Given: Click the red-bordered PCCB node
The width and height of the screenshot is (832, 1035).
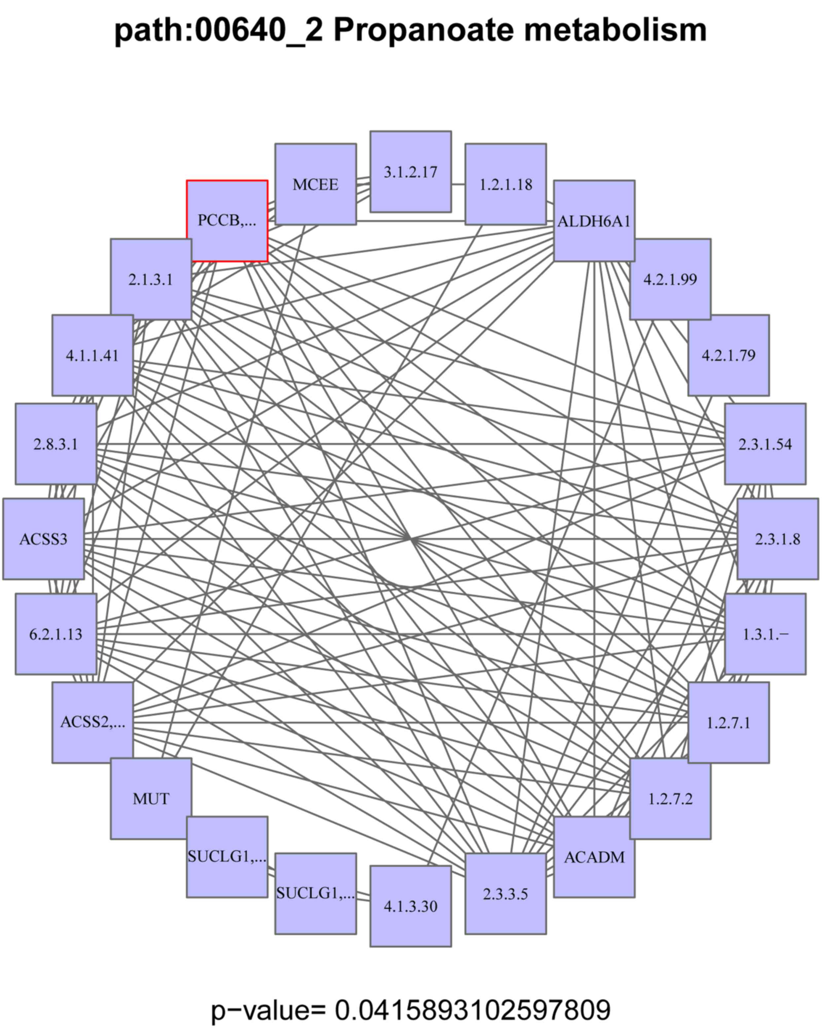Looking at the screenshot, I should [227, 221].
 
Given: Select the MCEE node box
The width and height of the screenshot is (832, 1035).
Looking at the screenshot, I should [315, 184].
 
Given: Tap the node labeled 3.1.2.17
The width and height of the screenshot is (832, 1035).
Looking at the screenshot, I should [410, 172].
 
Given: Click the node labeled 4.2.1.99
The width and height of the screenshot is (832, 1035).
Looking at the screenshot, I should [670, 279].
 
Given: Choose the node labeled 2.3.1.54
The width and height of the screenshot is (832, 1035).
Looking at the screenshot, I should [765, 444].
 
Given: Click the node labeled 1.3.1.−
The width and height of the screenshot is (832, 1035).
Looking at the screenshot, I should [765, 634].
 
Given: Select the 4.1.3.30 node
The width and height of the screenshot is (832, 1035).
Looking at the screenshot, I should [410, 906].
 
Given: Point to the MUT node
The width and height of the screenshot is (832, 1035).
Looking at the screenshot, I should [151, 799].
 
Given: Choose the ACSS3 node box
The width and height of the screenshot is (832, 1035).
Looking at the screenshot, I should [44, 539].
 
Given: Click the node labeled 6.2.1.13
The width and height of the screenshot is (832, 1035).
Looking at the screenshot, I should [56, 634].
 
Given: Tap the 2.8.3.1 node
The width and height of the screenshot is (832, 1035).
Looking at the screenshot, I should [56, 444].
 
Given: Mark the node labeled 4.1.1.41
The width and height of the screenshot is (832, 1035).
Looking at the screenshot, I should [92, 356].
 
